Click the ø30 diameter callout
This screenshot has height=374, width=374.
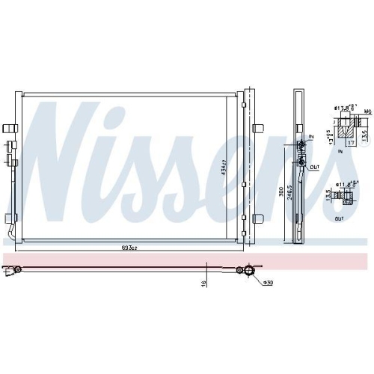[x=267, y=282]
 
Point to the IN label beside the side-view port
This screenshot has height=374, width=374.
[x=312, y=137]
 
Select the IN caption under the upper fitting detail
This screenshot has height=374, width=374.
[x=339, y=150]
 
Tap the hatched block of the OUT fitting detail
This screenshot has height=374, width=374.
[x=346, y=197]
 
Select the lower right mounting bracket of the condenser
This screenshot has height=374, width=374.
[x=258, y=218]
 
